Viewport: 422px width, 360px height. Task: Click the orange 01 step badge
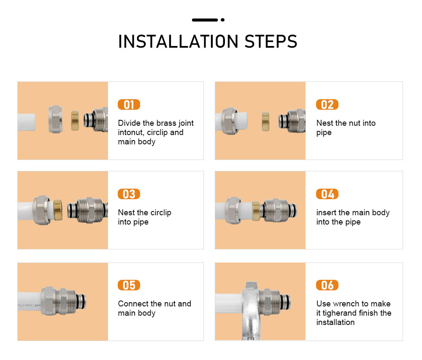point(129,104)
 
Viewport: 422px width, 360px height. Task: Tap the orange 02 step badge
point(327,104)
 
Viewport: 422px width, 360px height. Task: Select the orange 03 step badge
point(129,194)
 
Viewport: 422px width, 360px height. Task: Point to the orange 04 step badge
point(327,194)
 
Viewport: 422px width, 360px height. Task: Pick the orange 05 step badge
point(129,285)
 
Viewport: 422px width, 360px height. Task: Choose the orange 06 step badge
point(327,285)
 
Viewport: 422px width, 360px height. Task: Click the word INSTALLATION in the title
point(179,41)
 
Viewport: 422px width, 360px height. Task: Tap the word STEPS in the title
point(271,41)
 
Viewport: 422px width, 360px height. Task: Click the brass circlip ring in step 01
point(75,121)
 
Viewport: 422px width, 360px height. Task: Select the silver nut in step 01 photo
point(55,119)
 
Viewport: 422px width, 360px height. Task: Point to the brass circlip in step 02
point(265,122)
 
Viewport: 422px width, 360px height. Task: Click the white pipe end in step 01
point(26,122)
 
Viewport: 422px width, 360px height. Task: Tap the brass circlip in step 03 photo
point(57,210)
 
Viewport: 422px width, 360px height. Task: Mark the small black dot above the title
point(222,20)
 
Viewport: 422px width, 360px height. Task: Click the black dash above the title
point(205,20)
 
